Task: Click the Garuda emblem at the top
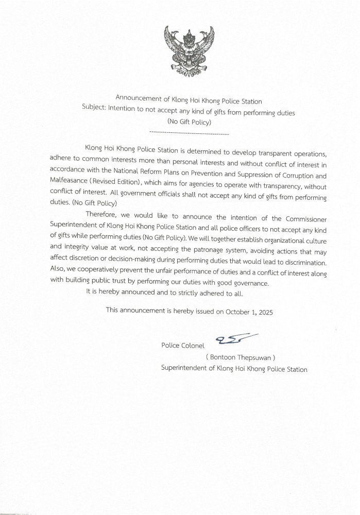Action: [x=185, y=52]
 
